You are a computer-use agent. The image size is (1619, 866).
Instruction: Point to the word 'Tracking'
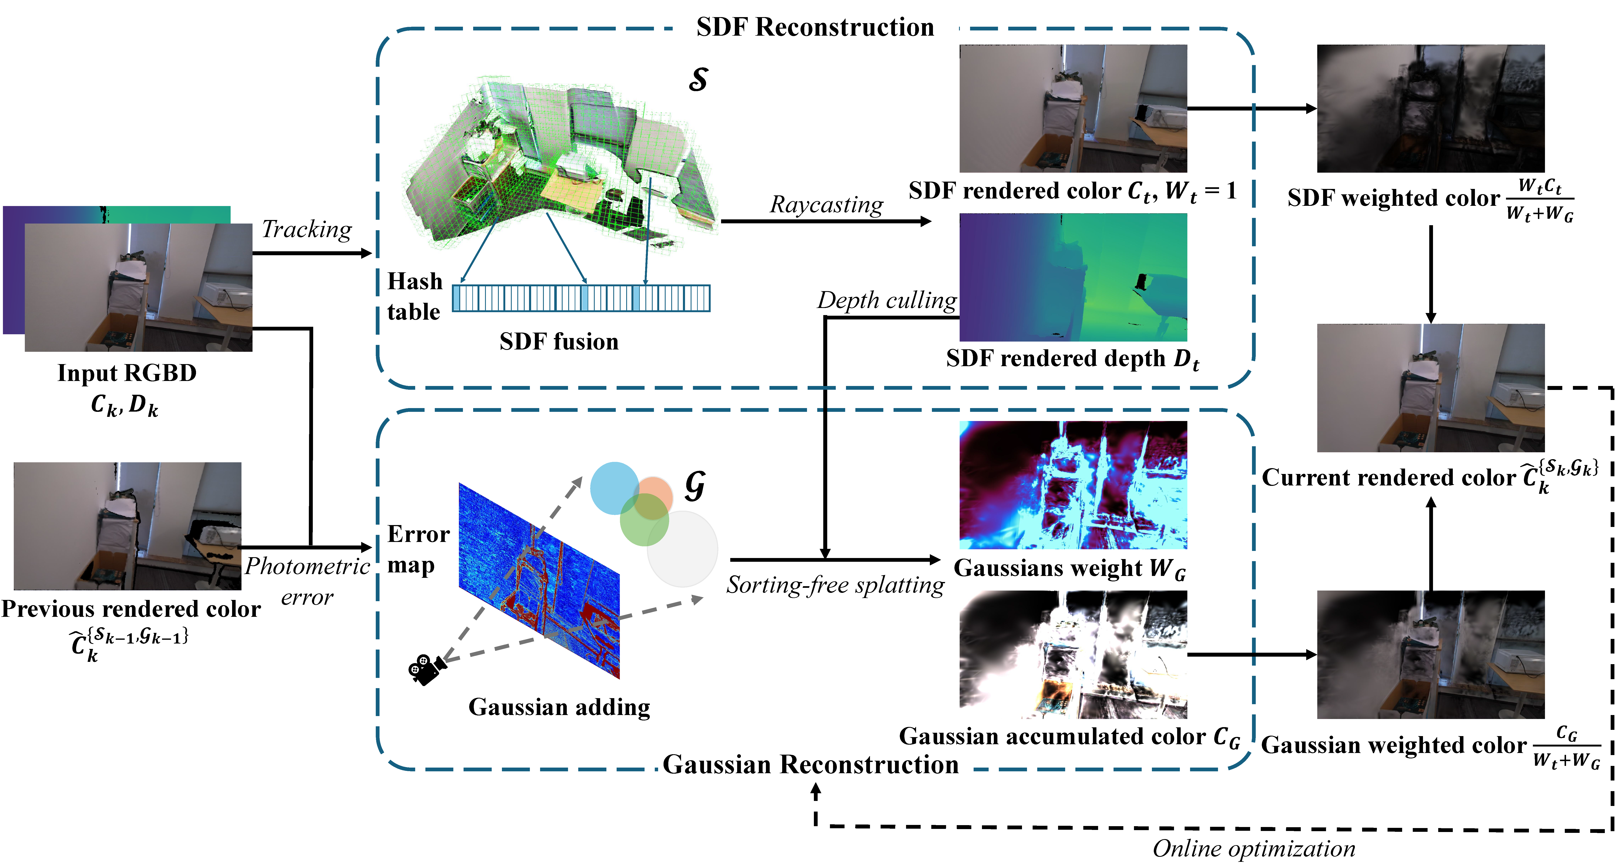coord(307,229)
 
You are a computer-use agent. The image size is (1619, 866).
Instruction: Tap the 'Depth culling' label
coord(886,300)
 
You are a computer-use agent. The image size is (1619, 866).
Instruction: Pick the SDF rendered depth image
coord(1073,277)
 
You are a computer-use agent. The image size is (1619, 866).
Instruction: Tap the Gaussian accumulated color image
coord(1073,654)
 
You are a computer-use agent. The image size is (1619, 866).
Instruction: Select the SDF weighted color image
coord(1430,108)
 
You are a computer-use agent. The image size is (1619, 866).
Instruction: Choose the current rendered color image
coord(1430,388)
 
